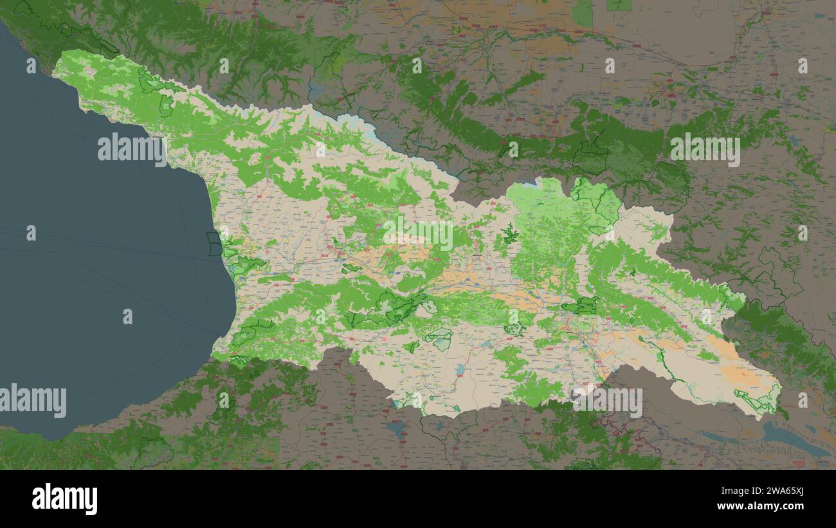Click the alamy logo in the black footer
64,499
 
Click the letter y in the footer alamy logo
91,502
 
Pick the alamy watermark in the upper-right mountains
705,149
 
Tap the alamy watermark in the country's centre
418,233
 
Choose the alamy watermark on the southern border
606,401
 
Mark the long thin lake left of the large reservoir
720,437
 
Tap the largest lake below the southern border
396,428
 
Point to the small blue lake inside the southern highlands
460,370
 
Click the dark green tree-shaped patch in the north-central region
510,234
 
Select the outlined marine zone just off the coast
214,243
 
